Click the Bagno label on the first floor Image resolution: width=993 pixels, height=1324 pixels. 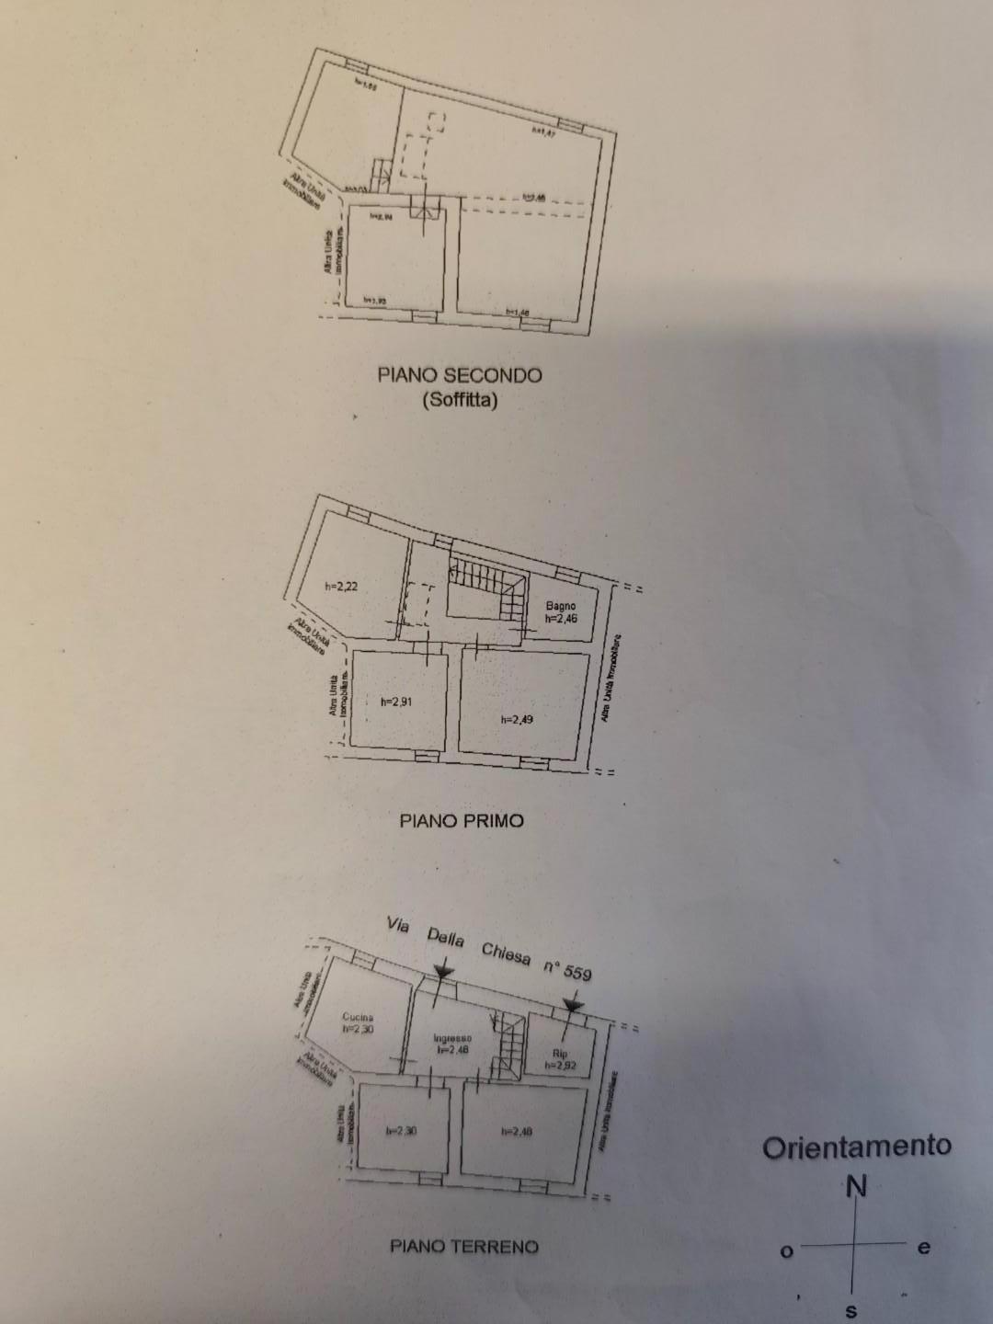[x=560, y=605]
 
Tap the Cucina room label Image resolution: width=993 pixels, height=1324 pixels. [x=358, y=1017]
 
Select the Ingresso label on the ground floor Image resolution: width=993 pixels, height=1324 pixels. [x=452, y=1038]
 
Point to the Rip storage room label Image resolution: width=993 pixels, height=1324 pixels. [x=560, y=1054]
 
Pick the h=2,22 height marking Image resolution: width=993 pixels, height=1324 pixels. [x=341, y=586]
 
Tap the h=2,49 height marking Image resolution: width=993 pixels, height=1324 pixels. [x=517, y=720]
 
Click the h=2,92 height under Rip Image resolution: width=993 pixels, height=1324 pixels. [x=560, y=1066]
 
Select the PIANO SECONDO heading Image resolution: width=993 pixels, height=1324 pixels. [x=460, y=375]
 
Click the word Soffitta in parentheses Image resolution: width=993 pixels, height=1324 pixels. [x=460, y=401]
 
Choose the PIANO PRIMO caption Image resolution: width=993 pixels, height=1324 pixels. [x=462, y=820]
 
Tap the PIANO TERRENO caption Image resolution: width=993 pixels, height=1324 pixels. [x=464, y=1247]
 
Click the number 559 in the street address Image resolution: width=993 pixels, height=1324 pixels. [x=578, y=972]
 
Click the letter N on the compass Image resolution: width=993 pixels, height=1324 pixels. [x=856, y=1187]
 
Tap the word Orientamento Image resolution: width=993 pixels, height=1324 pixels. [x=856, y=1147]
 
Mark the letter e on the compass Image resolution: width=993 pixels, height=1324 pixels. [x=923, y=1248]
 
